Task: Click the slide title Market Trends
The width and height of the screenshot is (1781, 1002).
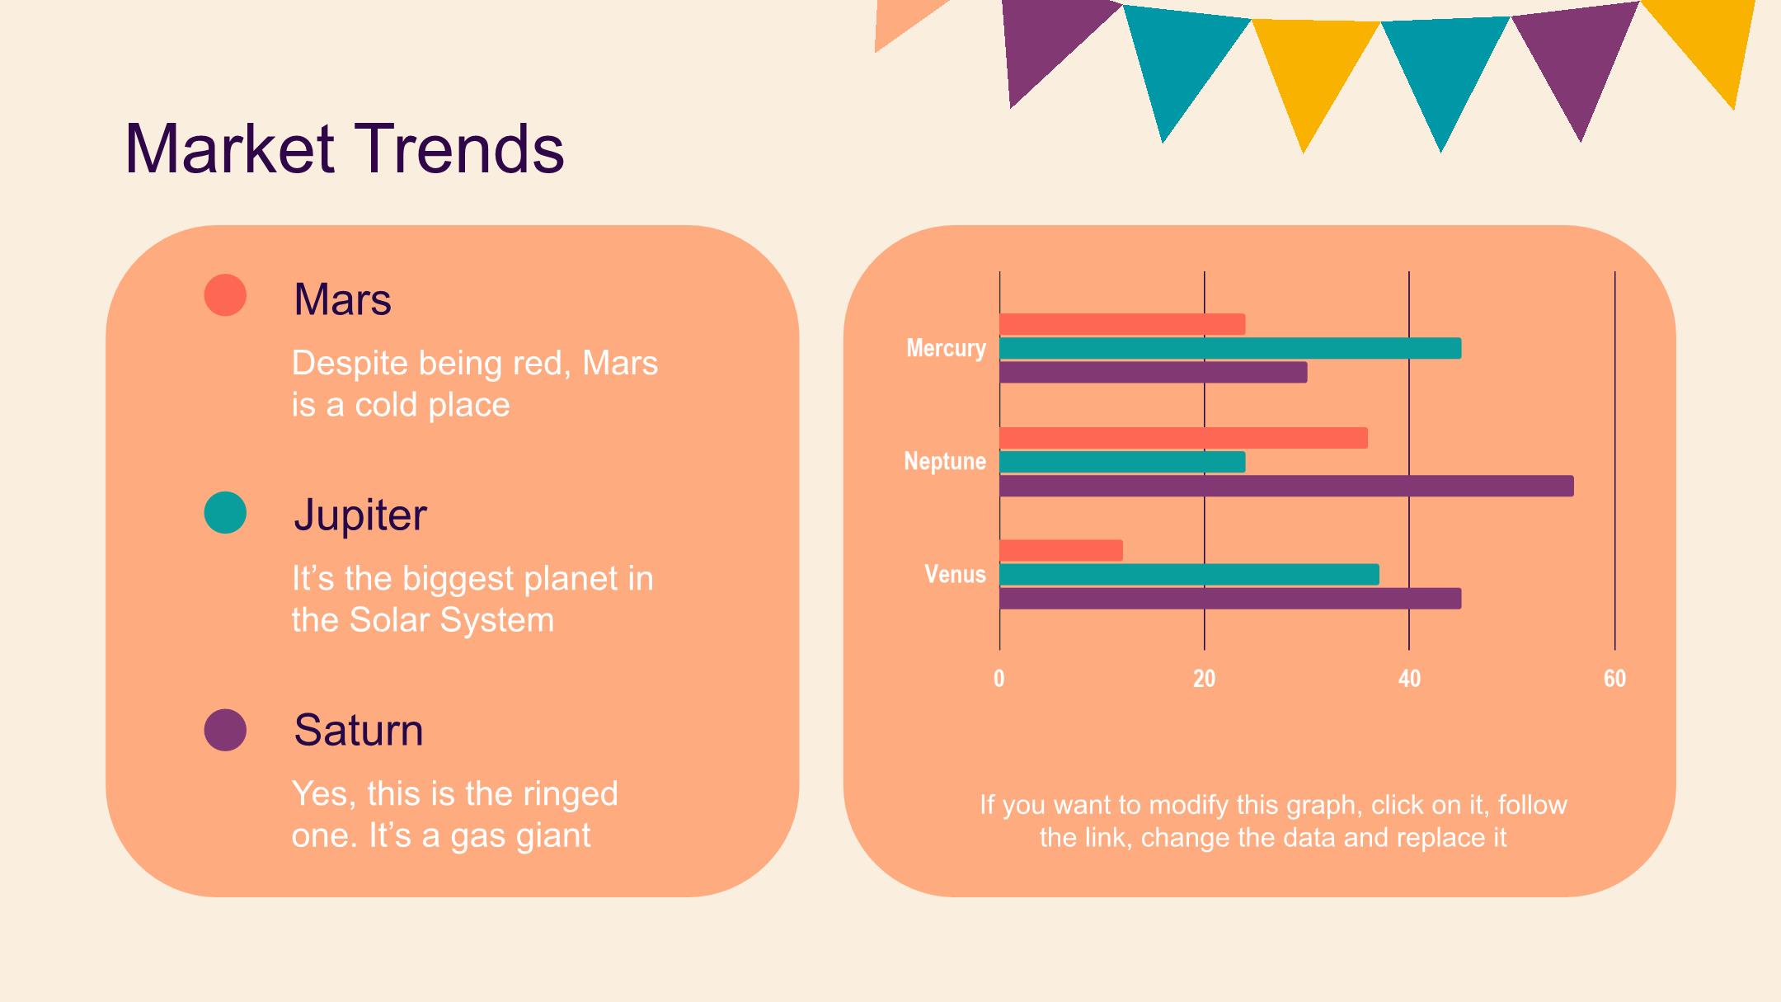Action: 344,149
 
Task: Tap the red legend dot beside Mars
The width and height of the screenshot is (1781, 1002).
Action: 225,295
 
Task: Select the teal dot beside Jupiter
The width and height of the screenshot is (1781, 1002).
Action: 225,512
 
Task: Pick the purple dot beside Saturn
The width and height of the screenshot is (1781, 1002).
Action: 225,730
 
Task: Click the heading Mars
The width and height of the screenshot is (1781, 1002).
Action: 342,299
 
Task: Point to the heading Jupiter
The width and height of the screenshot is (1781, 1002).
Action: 360,515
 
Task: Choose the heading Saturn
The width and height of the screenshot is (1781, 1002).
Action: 359,731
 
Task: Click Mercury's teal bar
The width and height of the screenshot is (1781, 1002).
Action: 1230,348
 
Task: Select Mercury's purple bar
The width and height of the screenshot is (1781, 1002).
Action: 1154,372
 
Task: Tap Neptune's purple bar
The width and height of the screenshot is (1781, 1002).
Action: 1286,486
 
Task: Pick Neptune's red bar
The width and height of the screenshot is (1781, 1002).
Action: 1183,438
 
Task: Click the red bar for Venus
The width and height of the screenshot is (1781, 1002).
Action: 1061,550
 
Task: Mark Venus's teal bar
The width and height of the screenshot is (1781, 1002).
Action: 1189,575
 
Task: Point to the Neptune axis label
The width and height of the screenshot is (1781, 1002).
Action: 945,461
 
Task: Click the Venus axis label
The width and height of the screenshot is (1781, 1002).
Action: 955,574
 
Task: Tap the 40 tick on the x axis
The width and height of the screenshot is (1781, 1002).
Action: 1409,679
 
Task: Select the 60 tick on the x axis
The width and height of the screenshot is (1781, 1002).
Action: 1614,679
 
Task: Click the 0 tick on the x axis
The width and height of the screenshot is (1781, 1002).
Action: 999,679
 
